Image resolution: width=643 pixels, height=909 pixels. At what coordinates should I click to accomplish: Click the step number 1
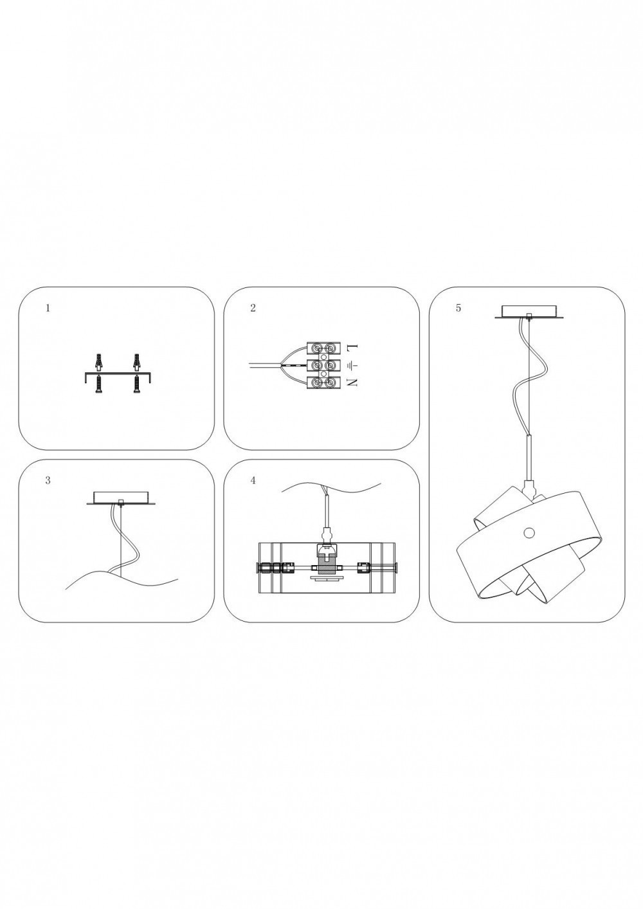(x=48, y=308)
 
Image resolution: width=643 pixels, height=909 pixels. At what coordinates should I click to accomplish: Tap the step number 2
(x=253, y=308)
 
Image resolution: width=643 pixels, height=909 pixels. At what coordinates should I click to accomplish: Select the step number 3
(x=48, y=481)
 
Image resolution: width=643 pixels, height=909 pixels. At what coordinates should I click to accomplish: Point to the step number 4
(x=253, y=481)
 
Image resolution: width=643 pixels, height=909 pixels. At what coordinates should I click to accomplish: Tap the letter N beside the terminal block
(x=352, y=382)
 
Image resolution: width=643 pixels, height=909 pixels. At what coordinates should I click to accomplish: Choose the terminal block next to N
(x=323, y=382)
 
